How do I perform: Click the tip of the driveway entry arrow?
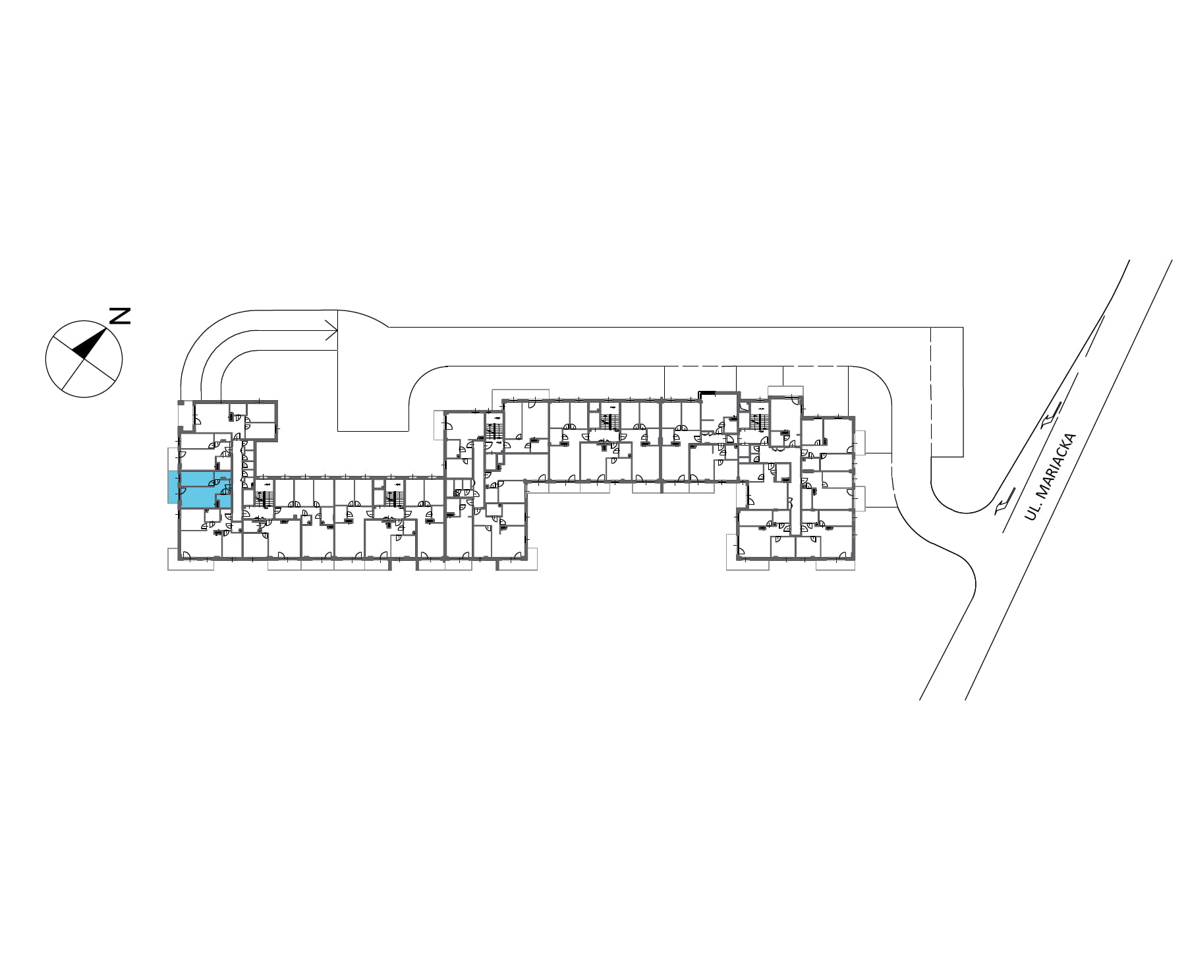pyautogui.click(x=337, y=330)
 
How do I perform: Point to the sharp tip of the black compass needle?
pyautogui.click(x=107, y=327)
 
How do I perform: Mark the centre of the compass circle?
pyautogui.click(x=84, y=359)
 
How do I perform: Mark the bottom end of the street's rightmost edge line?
pyautogui.click(x=965, y=699)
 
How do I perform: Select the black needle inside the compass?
pyautogui.click(x=89, y=343)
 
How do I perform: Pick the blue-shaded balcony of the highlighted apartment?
pyautogui.click(x=173, y=488)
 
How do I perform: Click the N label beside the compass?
pyautogui.click(x=119, y=316)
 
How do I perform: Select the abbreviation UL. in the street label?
pyautogui.click(x=1032, y=510)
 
